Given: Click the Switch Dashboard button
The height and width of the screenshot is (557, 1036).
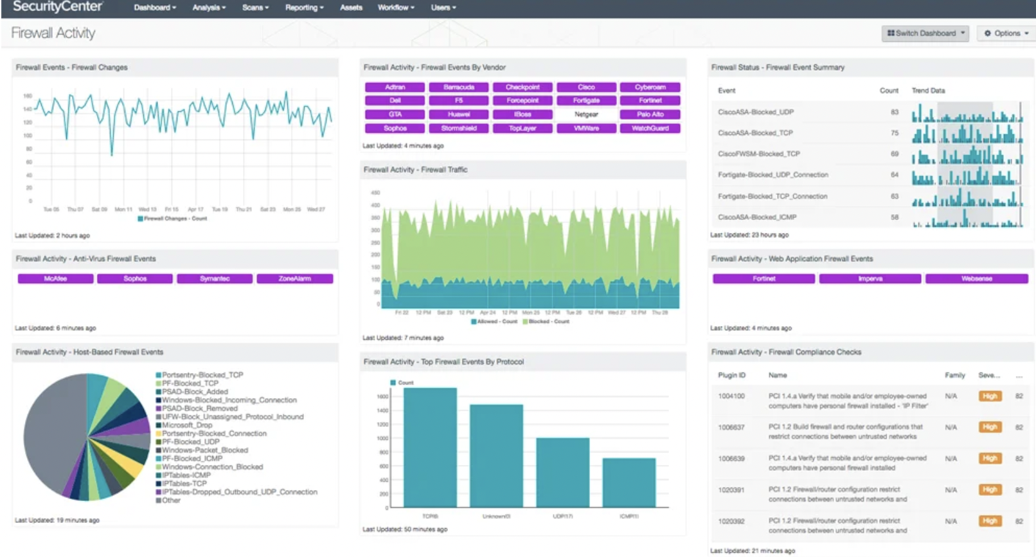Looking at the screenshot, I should point(925,33).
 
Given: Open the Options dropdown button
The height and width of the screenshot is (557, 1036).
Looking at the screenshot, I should point(1006,33).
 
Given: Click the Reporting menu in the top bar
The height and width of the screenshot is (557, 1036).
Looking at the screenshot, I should point(304,8).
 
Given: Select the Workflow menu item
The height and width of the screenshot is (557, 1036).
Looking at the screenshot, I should point(395,8).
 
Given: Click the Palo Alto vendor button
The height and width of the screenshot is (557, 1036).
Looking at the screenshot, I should point(650,114).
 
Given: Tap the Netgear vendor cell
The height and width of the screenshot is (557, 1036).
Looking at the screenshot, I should point(586,114).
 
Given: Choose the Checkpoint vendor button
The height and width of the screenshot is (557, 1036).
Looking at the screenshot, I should point(522,87).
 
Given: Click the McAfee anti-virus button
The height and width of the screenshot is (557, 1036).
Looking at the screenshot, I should point(56,278).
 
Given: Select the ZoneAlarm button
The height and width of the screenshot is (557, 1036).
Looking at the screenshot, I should point(294,278).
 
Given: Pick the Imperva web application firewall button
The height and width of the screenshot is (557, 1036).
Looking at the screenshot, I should point(870,278).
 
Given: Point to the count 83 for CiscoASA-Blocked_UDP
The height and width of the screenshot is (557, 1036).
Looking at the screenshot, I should point(894,112).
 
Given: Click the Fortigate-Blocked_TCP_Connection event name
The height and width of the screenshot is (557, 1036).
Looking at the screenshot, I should point(772,196).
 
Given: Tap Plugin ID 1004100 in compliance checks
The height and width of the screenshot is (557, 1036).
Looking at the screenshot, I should point(731,396).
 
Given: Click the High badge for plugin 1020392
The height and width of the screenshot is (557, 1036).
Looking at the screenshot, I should point(990,521).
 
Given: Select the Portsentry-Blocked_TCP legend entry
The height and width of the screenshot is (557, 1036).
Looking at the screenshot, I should point(202,375).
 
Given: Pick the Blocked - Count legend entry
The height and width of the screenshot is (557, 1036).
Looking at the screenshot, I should point(548,322).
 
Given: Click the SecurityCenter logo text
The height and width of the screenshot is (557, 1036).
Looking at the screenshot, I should point(57,7).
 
